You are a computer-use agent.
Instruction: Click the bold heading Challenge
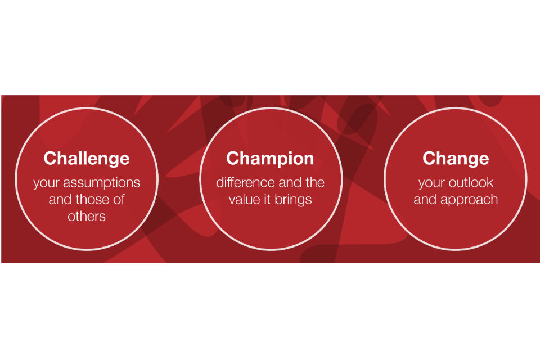coord(87,159)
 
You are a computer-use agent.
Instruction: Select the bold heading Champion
coord(270,159)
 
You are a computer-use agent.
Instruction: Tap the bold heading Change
coord(456,159)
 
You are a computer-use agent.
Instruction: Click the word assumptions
coord(102,183)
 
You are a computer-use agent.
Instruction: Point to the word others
coord(87,216)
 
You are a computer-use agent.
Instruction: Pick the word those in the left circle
coord(92,199)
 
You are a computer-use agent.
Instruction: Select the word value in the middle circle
coord(244,200)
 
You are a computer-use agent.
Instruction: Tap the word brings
coord(293,200)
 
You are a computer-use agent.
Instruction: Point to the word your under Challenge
coord(47,183)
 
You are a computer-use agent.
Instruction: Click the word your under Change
coord(431,183)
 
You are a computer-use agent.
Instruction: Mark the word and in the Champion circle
coord(290,182)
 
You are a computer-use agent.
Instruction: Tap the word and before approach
coord(425,200)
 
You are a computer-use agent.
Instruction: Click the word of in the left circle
coord(119,199)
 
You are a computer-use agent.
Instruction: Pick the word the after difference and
coord(315,182)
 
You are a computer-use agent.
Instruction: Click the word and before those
coord(60,199)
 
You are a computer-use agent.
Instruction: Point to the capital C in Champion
coord(233,158)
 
